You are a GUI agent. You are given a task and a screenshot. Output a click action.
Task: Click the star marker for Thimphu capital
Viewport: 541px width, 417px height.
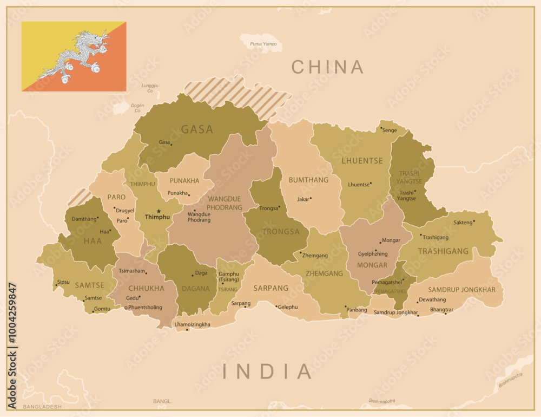click(159, 211)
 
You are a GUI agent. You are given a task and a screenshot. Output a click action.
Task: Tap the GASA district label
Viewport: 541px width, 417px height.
click(197, 129)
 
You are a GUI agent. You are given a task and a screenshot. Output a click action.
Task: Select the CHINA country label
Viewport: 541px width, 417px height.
click(328, 67)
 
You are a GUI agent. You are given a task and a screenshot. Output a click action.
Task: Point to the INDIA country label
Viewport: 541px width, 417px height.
click(267, 372)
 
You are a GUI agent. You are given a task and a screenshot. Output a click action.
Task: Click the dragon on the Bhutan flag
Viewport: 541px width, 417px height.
click(76, 56)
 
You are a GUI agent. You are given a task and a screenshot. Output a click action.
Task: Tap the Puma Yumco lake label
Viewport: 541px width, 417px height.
click(263, 44)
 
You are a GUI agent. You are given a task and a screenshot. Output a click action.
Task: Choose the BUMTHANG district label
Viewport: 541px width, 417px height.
click(308, 180)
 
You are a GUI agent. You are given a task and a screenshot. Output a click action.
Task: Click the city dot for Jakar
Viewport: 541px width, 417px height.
click(311, 198)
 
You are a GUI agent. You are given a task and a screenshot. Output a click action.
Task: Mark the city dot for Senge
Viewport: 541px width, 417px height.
click(381, 128)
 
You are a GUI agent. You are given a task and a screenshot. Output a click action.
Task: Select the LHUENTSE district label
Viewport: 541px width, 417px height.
click(362, 161)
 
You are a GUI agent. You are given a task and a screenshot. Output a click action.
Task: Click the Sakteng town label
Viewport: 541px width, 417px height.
click(463, 222)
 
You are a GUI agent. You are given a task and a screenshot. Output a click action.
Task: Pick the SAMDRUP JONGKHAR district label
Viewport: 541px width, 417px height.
click(461, 290)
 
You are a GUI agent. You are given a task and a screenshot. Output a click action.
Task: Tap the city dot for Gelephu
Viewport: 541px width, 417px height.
click(276, 307)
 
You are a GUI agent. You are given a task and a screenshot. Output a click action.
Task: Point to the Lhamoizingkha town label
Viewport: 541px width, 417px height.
click(192, 324)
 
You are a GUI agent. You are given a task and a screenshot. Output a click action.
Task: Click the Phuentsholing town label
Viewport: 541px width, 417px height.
click(145, 308)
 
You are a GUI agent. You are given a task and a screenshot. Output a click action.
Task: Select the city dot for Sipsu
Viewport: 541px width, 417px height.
click(56, 285)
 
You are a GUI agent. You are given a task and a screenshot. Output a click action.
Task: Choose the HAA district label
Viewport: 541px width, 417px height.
click(93, 241)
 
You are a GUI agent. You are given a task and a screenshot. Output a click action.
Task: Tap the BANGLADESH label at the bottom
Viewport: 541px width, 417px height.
click(42, 406)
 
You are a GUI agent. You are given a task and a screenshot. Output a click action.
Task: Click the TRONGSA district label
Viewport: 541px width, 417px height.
click(281, 231)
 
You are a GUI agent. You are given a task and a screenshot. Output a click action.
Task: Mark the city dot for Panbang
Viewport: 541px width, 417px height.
click(346, 307)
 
